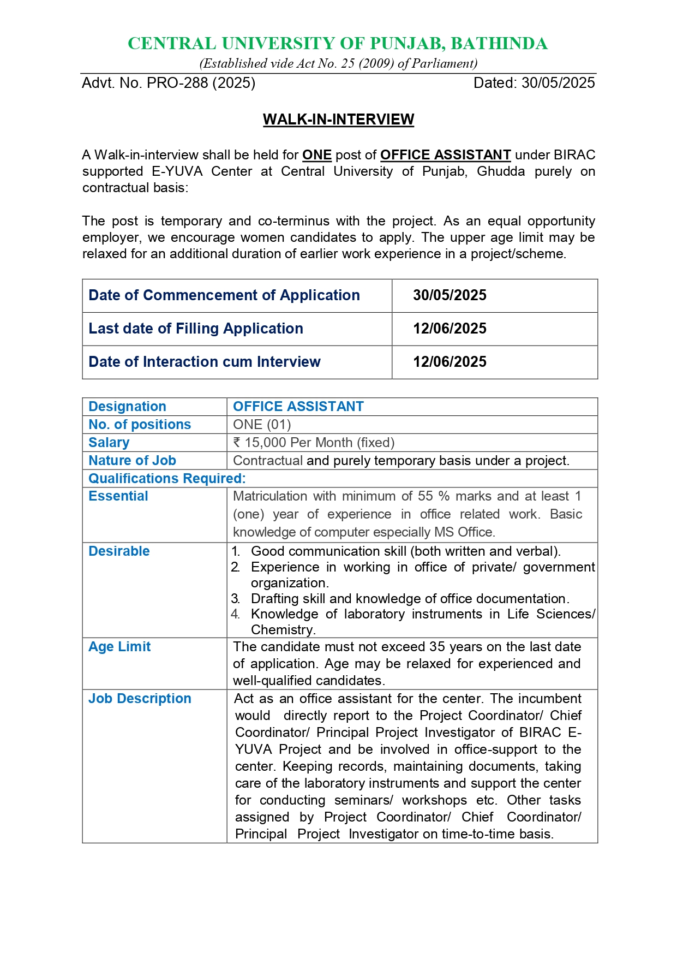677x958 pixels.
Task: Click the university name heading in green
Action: [x=338, y=44]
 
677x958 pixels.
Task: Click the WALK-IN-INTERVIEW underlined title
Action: [x=338, y=120]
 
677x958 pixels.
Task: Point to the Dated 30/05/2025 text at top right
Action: [x=534, y=83]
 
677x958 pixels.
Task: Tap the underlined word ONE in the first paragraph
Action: [x=317, y=155]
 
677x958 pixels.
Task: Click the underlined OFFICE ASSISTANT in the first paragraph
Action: [x=445, y=155]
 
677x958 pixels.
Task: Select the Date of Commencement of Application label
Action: [x=224, y=295]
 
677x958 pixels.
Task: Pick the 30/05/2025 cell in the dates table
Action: [x=450, y=295]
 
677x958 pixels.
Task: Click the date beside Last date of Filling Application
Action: [x=450, y=329]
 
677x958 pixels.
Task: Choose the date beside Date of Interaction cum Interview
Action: [x=450, y=362]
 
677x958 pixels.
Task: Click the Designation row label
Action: [x=127, y=407]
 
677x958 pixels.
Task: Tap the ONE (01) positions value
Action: [x=262, y=425]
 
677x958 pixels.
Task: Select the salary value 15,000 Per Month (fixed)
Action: [x=314, y=443]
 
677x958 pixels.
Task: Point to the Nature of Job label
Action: [x=132, y=461]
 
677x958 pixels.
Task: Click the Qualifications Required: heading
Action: [x=167, y=479]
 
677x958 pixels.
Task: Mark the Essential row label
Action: [x=118, y=496]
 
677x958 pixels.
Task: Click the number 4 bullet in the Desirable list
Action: [x=235, y=614]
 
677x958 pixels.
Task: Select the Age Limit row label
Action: [x=119, y=647]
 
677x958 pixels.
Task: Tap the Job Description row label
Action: [x=140, y=699]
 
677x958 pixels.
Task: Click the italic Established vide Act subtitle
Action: [x=338, y=64]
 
